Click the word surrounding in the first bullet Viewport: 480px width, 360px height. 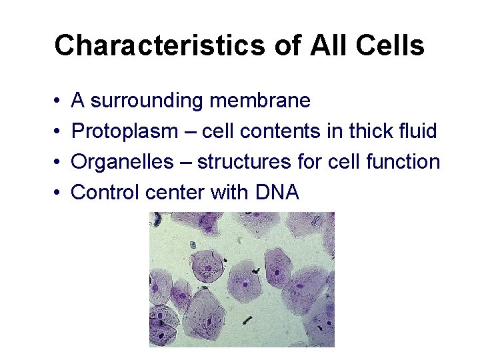147,101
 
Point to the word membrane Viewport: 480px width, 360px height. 259,101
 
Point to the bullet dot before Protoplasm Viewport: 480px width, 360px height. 58,132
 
